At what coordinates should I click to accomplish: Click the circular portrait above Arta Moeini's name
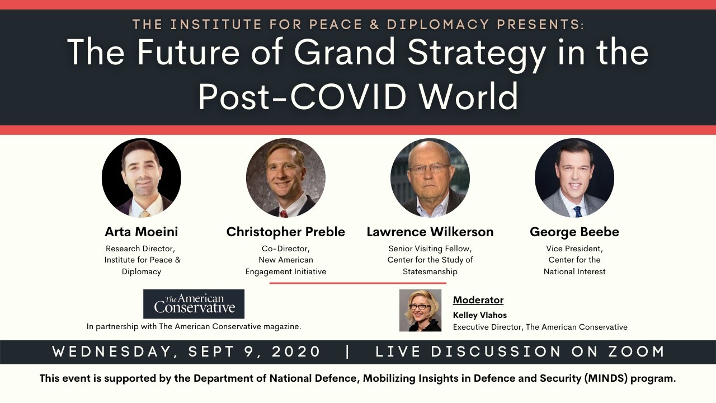click(x=142, y=178)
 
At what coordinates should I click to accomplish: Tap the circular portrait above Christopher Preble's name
click(x=286, y=178)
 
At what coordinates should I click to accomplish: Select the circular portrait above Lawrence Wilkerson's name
click(x=430, y=178)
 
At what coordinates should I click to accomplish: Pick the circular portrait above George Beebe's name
click(x=574, y=178)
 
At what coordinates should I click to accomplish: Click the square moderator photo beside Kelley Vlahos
click(x=420, y=310)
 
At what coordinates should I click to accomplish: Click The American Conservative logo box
click(x=194, y=304)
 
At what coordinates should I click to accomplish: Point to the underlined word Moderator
click(x=478, y=300)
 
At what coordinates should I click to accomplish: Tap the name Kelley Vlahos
click(x=480, y=315)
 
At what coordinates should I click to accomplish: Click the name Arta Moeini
click(x=142, y=232)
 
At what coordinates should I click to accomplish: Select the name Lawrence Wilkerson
click(x=430, y=232)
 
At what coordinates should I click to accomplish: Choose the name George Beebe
click(x=574, y=232)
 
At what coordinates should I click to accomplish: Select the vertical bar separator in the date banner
click(x=348, y=352)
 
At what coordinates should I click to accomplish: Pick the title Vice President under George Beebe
click(x=574, y=249)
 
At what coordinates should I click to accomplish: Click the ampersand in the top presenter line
click(x=375, y=25)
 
